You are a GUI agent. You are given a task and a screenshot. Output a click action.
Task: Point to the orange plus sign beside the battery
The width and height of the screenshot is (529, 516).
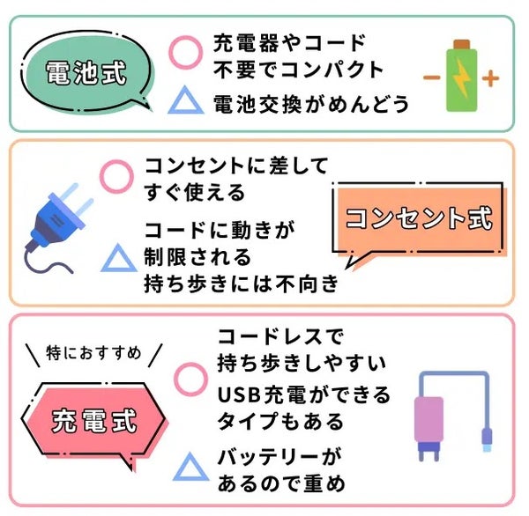click(491, 77)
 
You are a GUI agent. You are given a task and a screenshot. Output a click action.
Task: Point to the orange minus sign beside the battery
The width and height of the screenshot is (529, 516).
click(431, 77)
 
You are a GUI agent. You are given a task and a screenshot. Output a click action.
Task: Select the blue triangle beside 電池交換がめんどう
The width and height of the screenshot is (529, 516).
click(185, 102)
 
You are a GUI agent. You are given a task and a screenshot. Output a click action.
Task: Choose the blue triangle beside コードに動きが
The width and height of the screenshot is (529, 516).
click(117, 257)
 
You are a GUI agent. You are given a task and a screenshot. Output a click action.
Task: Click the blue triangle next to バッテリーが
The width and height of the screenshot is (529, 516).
click(190, 468)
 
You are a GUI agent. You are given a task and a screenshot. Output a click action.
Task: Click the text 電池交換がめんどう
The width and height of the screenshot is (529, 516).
click(311, 104)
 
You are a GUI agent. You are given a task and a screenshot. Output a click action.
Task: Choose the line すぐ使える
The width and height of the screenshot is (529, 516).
click(195, 190)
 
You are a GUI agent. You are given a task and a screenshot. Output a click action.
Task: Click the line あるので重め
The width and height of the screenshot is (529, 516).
click(281, 483)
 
